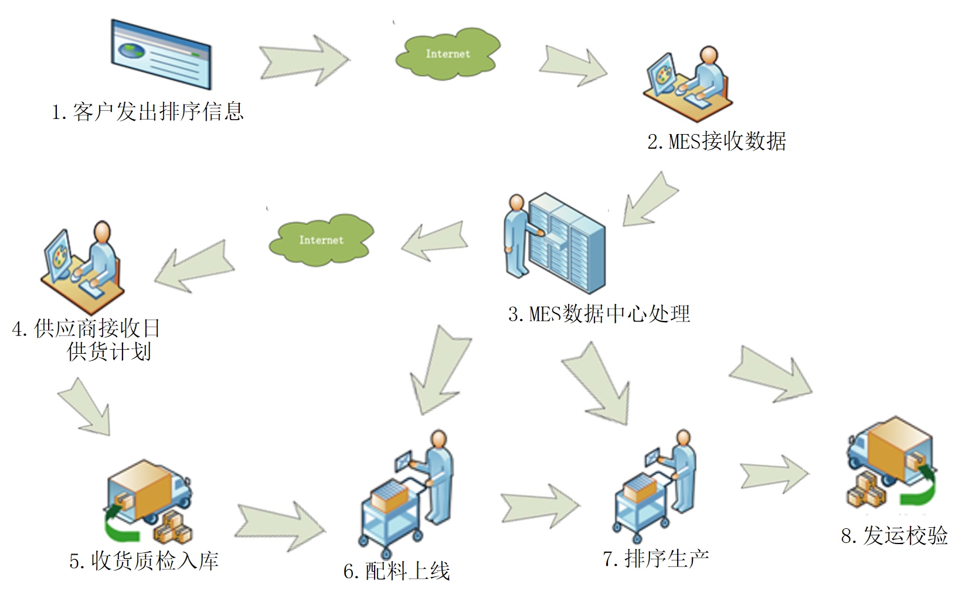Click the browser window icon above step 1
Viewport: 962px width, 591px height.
161,54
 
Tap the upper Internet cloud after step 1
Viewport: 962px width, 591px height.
447,53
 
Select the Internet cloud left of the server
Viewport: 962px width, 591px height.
321,240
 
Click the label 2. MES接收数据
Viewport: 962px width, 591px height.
716,142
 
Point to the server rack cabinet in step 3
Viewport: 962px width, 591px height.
566,243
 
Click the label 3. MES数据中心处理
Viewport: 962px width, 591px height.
599,315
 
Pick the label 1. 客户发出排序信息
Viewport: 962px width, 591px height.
147,112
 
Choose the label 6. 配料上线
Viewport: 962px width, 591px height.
397,571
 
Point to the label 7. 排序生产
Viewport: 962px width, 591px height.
656,558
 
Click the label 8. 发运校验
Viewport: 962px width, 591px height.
894,535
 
